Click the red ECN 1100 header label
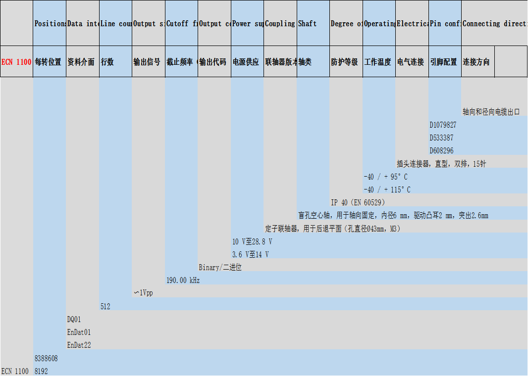[16, 62]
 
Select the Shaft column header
[307, 24]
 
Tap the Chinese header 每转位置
[48, 62]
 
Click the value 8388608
[46, 358]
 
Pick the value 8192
[41, 371]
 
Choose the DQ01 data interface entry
[74, 320]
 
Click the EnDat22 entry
[79, 345]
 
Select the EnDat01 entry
[79, 332]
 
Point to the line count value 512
[105, 307]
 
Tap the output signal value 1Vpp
[144, 293]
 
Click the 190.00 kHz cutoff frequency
[183, 281]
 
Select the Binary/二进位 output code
[220, 268]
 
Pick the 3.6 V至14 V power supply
[251, 255]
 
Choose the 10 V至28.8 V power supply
[252, 242]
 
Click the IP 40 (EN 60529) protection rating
[358, 203]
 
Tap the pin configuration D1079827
[443, 125]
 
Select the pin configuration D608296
[441, 151]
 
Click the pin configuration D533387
[441, 138]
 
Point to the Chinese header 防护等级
[344, 62]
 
